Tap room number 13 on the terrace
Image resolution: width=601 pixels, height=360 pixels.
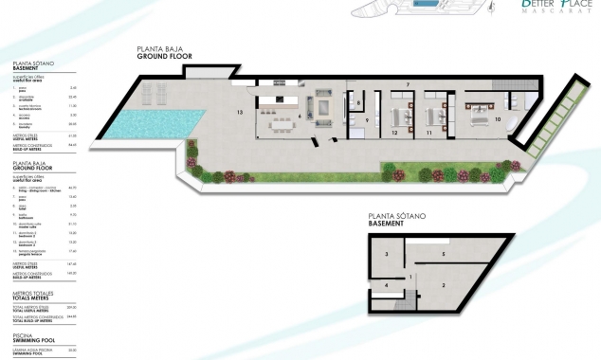click(x=241, y=112)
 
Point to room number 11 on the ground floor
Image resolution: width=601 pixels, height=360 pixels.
click(x=429, y=134)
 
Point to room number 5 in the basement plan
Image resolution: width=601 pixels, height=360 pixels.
click(x=443, y=255)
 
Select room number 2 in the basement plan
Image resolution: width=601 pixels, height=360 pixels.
click(x=443, y=284)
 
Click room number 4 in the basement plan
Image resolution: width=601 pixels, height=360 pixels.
click(x=386, y=285)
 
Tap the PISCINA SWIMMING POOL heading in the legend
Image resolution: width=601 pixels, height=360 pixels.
click(x=27, y=337)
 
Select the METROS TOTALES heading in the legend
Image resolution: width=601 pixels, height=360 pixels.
click(x=34, y=296)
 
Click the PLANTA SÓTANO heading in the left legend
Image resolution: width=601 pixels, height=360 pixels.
click(x=33, y=64)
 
